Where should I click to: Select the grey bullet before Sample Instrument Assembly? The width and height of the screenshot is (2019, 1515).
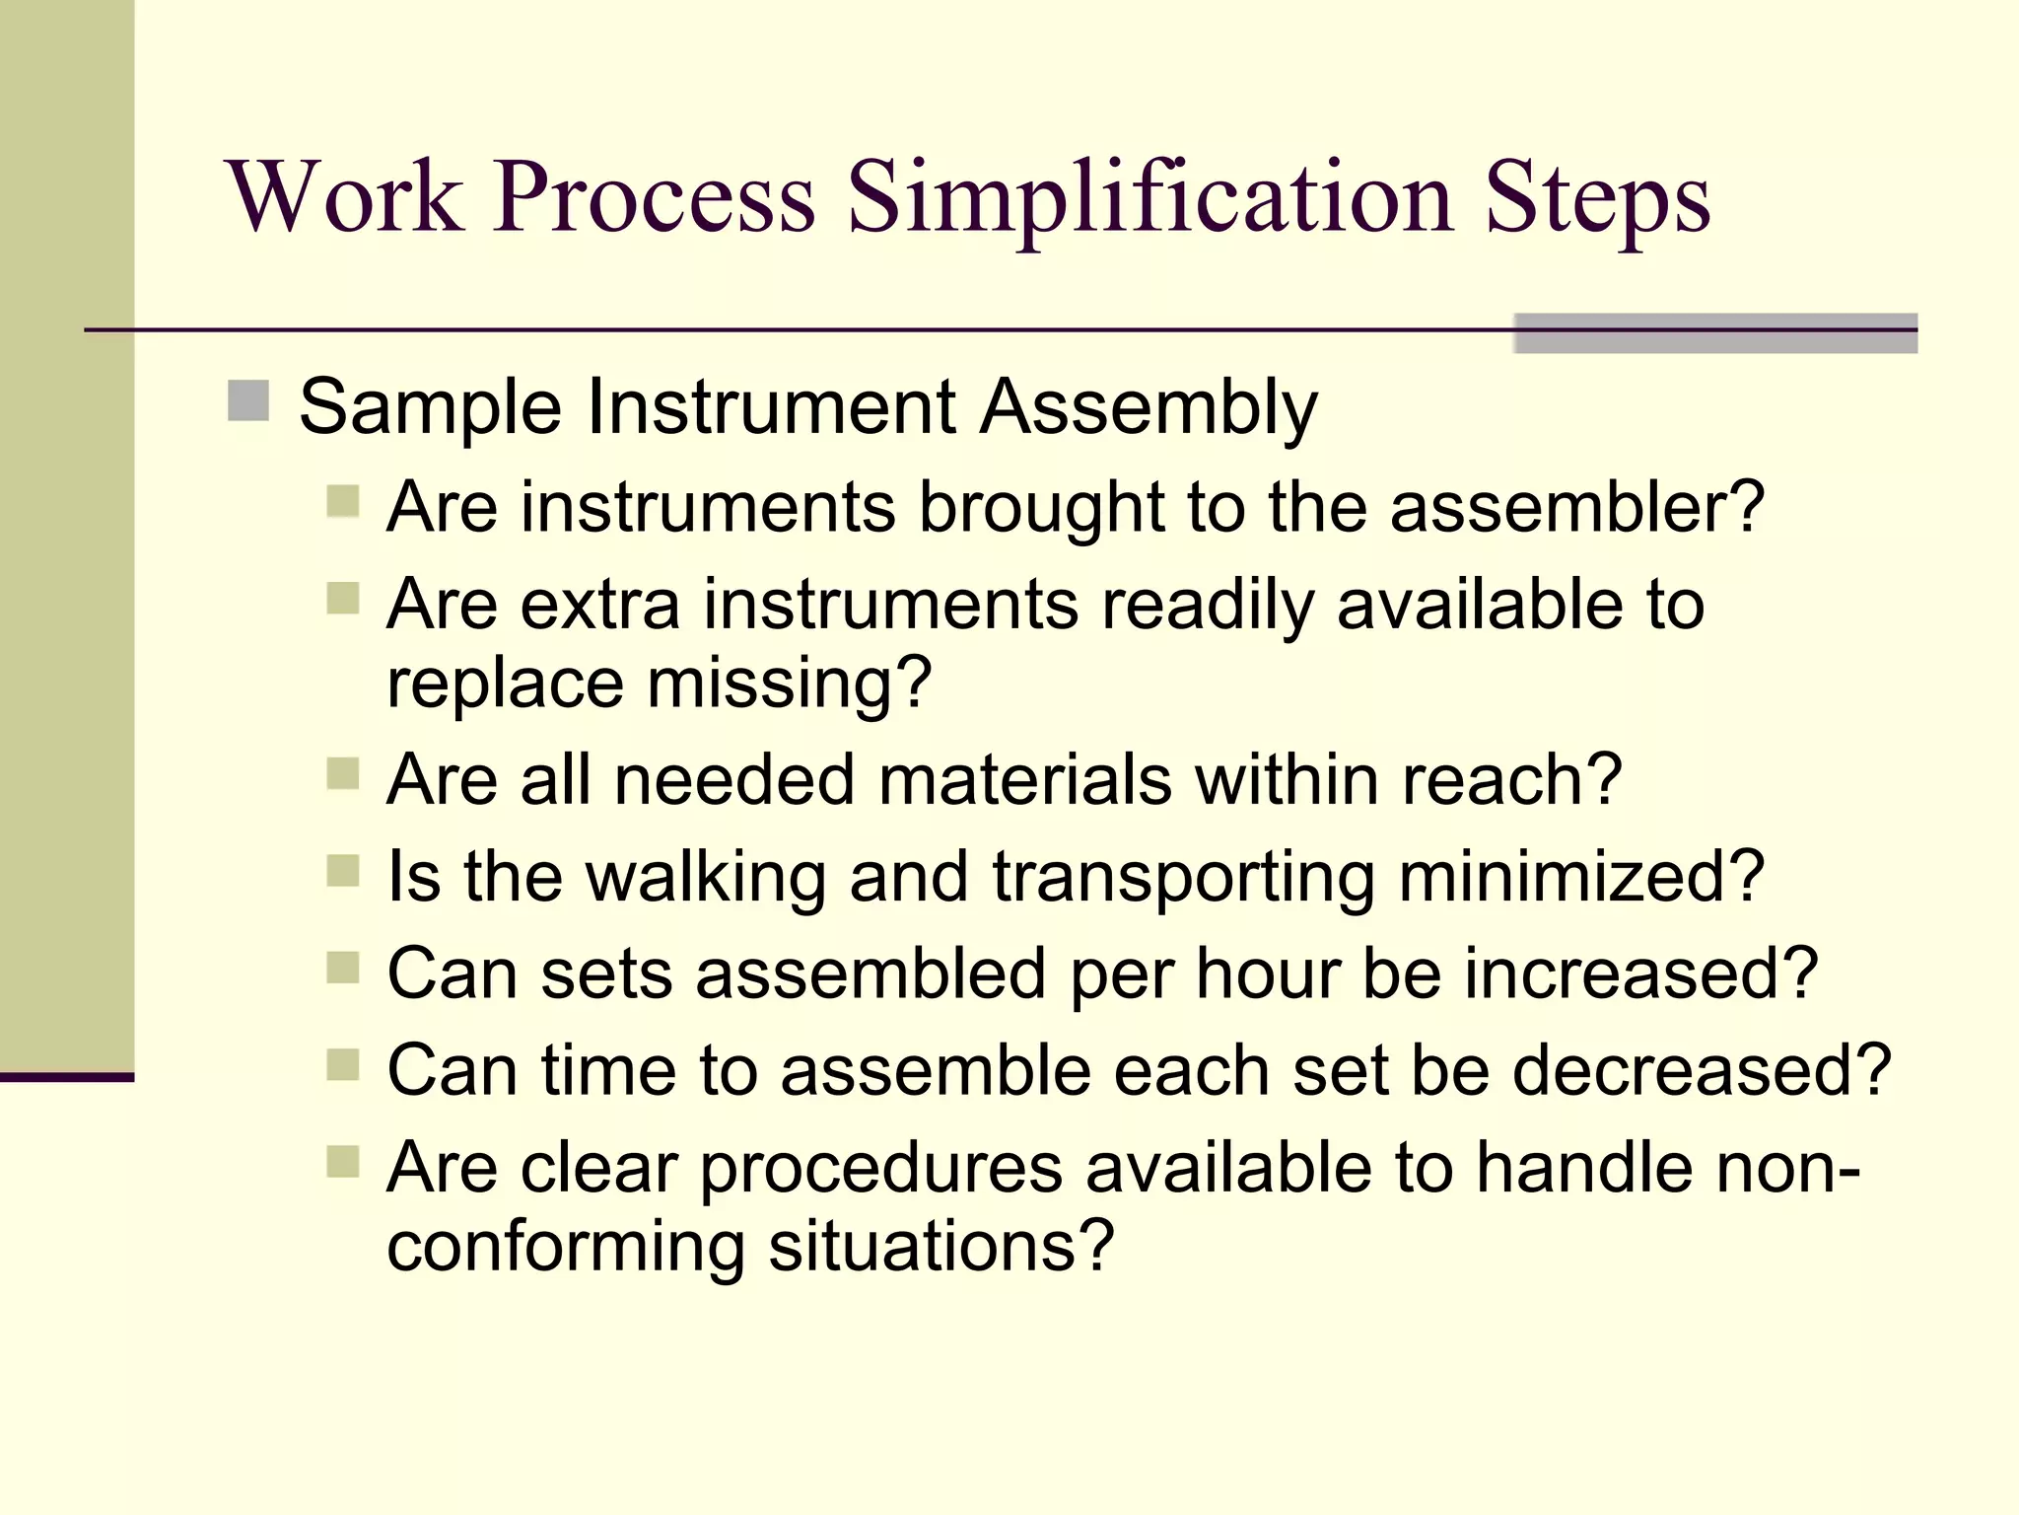click(248, 401)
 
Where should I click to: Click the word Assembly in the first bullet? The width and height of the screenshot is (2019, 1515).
click(1149, 407)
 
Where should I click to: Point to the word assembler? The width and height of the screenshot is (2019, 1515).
click(1576, 506)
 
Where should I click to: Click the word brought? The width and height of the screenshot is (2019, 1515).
click(1040, 508)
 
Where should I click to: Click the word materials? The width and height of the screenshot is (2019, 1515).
click(1024, 779)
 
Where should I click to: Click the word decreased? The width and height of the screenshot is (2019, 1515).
click(1702, 1070)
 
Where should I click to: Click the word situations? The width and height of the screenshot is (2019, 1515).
click(940, 1246)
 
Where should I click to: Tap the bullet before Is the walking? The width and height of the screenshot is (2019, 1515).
click(343, 871)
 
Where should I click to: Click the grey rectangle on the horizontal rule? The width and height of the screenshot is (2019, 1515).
click(1715, 333)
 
